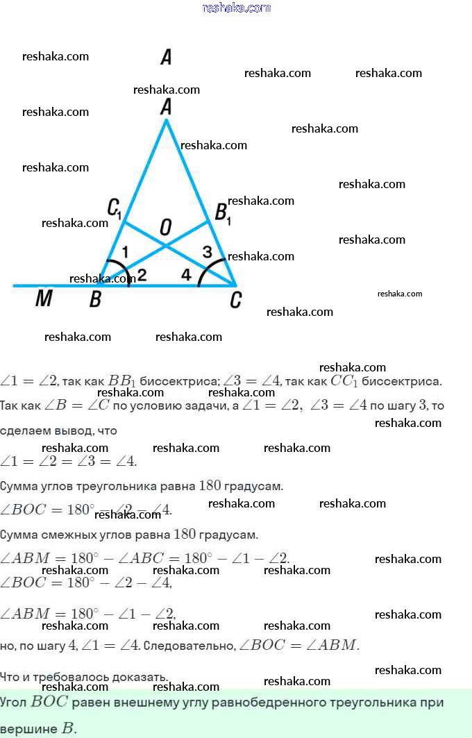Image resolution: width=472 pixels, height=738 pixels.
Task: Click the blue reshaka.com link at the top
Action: click(236, 8)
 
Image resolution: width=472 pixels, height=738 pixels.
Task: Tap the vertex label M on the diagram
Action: click(44, 299)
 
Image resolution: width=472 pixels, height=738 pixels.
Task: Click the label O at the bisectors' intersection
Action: click(166, 226)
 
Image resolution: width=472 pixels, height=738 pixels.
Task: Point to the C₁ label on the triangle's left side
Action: click(115, 208)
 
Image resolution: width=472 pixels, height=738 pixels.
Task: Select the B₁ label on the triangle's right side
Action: click(222, 213)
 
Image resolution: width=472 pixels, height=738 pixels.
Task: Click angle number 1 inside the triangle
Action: click(125, 251)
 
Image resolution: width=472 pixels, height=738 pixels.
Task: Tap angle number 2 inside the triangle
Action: click(142, 275)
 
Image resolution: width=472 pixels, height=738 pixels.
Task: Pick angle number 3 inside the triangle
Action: click(207, 251)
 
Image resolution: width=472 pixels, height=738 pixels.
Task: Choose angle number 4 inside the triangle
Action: click(186, 275)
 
